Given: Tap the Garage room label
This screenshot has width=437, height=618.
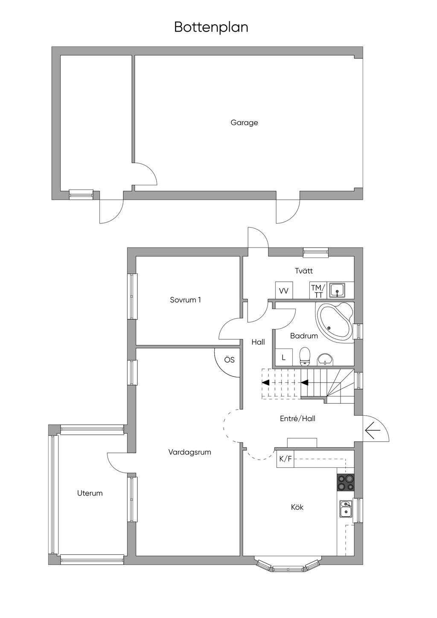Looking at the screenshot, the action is tap(244, 122).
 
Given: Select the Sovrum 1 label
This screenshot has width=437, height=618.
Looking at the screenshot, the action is tap(185, 300).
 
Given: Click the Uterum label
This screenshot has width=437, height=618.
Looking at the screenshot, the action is tap(90, 493).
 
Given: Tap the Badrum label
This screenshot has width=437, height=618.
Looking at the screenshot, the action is tap(304, 336).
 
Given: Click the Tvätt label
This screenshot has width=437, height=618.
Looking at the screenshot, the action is tap(304, 271).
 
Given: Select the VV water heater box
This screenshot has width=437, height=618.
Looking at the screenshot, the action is tap(284, 290).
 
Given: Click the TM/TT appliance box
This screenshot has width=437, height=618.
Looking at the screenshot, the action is tap(318, 290).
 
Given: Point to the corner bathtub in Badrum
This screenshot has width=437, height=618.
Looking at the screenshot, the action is tap(335, 322).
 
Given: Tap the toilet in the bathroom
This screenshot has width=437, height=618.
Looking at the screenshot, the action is tap(305, 356).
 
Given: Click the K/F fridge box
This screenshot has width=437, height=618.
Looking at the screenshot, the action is tap(285, 459).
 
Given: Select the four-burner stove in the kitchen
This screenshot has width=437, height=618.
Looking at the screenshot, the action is tap(345, 482).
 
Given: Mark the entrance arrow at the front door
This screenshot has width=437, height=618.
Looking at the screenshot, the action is tap(373, 430).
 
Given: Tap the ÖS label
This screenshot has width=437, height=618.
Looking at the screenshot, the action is tap(229, 360).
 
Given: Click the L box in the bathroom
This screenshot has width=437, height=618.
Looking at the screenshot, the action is tap(283, 358).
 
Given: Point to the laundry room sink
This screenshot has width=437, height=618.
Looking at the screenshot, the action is tap(337, 290).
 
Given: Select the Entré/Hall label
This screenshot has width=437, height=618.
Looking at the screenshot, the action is tap(297, 419).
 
